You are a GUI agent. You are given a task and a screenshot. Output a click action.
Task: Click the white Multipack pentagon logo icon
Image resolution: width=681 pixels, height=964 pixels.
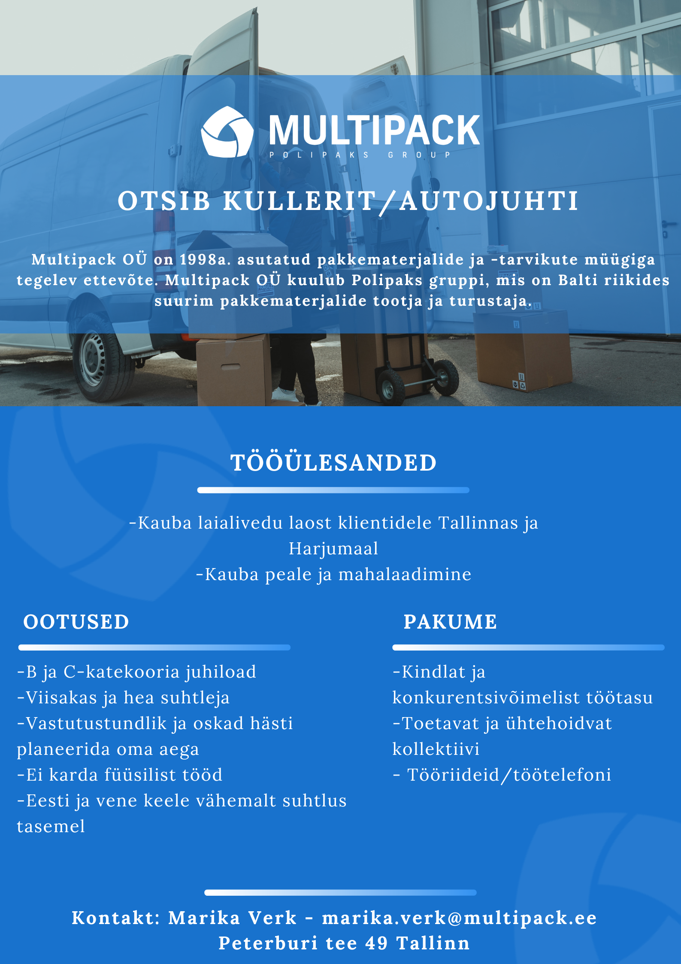coord(227,132)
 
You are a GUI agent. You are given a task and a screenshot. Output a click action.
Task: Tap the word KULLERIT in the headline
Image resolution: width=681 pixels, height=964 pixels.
coord(299,201)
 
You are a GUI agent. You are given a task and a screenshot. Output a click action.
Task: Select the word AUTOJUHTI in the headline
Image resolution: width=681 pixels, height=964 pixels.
coord(489,201)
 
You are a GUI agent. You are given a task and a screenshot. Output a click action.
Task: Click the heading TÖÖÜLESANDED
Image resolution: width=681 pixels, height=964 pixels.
coord(333,463)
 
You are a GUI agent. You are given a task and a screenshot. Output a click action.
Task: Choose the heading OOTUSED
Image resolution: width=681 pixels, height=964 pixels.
coord(76,622)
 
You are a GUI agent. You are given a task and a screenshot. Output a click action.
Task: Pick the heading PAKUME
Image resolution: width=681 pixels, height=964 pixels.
coord(450,622)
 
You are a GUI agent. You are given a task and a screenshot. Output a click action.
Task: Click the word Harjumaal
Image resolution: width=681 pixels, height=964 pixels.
coord(333,549)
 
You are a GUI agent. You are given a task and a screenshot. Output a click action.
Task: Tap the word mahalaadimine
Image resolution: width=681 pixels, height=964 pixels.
coord(405,575)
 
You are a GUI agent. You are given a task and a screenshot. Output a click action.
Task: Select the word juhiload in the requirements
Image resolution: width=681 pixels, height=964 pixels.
coord(220,672)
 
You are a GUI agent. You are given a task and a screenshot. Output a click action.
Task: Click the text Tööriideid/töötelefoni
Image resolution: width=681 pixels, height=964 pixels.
coord(509,775)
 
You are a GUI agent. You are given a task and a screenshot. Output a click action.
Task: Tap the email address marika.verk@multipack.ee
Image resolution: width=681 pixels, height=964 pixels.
coord(459,918)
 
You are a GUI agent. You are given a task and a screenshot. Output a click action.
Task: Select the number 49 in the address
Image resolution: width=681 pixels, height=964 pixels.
coord(376,944)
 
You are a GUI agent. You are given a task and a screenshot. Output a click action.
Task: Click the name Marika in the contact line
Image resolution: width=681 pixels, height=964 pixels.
coord(204,918)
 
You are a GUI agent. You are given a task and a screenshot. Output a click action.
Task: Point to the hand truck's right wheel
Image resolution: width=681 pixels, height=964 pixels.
coord(446,377)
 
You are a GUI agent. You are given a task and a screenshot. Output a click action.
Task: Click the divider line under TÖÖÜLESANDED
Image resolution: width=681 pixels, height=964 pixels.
coord(333,490)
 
